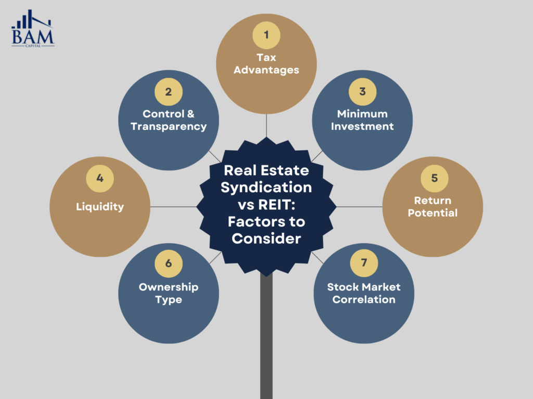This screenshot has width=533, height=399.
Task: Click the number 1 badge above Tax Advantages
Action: tap(266, 35)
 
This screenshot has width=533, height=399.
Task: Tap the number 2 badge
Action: tap(168, 92)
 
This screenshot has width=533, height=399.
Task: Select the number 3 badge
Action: tap(362, 92)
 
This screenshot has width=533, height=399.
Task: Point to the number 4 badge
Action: tap(99, 179)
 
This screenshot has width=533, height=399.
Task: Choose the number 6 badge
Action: tap(168, 263)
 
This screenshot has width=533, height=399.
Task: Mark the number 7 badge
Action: tap(364, 263)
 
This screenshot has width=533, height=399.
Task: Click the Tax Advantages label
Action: tap(266, 64)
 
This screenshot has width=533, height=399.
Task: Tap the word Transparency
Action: tap(169, 126)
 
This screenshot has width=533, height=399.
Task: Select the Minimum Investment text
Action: tap(362, 120)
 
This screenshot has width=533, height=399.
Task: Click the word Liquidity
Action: tap(99, 207)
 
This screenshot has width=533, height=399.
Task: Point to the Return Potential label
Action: tap(433, 207)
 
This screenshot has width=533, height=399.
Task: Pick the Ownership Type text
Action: tap(168, 293)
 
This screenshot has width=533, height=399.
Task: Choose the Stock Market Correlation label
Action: tap(364, 293)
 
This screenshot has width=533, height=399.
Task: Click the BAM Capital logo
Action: tap(33, 29)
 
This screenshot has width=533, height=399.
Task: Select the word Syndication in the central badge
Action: tap(266, 188)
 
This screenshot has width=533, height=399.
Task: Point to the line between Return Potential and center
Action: tap(359, 207)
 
